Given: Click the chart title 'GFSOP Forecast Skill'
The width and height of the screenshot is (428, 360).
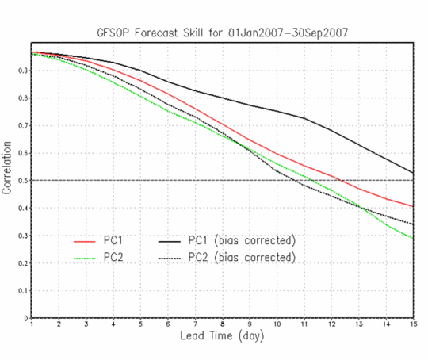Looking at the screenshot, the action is pyautogui.click(x=150, y=33).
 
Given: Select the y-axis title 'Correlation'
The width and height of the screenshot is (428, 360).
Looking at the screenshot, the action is pyautogui.click(x=7, y=167).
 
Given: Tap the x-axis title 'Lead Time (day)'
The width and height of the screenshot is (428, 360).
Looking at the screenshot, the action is pyautogui.click(x=222, y=335).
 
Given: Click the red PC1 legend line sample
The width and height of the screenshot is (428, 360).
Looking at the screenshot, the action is pyautogui.click(x=85, y=242).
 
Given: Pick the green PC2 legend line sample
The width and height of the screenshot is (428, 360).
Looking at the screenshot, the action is pyautogui.click(x=85, y=259).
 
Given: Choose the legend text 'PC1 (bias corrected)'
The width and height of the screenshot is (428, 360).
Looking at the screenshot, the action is pyautogui.click(x=242, y=240).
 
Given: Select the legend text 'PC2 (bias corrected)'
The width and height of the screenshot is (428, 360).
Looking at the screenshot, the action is pyautogui.click(x=242, y=257).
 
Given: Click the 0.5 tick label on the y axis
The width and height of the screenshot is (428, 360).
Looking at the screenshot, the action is pyautogui.click(x=23, y=181).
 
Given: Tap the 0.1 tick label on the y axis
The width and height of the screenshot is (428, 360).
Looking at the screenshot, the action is pyautogui.click(x=23, y=291).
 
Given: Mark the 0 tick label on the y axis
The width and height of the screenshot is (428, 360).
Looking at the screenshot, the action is pyautogui.click(x=26, y=318).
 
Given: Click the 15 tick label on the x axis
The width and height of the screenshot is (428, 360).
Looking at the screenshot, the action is pyautogui.click(x=414, y=324).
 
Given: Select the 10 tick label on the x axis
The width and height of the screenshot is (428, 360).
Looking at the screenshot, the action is pyautogui.click(x=277, y=324).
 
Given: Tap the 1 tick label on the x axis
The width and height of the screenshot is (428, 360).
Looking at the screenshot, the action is pyautogui.click(x=32, y=324).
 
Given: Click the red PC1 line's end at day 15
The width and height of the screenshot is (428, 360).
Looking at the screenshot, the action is pyautogui.click(x=413, y=206).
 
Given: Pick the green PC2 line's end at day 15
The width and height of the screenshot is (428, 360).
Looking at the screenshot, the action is pyautogui.click(x=413, y=239).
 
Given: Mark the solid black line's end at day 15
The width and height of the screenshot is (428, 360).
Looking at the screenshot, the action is pyautogui.click(x=413, y=173).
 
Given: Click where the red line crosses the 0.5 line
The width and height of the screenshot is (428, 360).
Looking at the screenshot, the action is pyautogui.click(x=341, y=180).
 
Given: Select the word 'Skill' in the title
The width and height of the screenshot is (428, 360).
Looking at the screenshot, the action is pyautogui.click(x=193, y=33).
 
